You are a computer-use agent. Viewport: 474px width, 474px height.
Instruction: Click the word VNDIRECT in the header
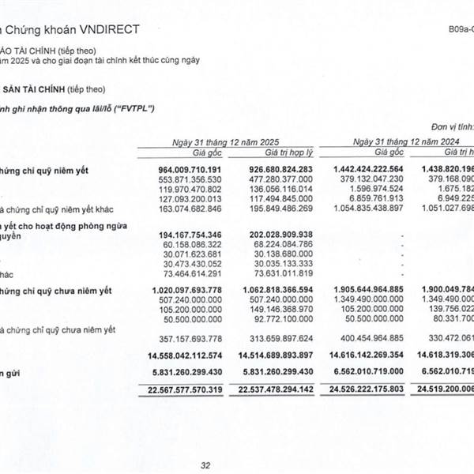point(111,29)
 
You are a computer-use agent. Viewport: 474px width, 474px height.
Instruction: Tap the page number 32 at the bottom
point(205,466)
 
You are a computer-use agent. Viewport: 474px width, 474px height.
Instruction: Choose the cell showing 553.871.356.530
point(188,179)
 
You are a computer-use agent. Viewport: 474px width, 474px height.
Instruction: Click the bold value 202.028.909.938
point(273,235)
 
